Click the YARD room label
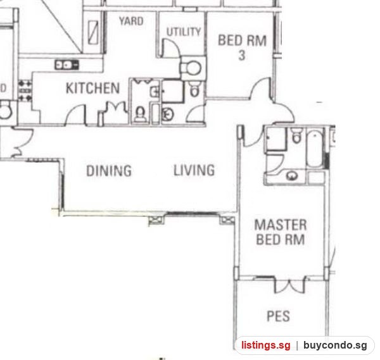click(131, 21)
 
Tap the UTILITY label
click(184, 32)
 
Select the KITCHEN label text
click(93, 88)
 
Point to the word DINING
click(109, 170)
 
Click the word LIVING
click(194, 170)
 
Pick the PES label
click(278, 316)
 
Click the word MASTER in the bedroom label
click(281, 225)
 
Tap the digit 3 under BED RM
click(242, 56)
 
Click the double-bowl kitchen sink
click(66, 65)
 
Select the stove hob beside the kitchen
click(25, 91)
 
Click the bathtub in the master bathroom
click(315, 149)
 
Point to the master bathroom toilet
click(297, 135)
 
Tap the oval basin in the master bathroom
click(292, 175)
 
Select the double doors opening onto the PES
click(289, 285)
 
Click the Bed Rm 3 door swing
click(260, 88)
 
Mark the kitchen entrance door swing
click(75, 115)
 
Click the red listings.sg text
click(265, 345)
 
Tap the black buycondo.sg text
click(335, 345)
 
